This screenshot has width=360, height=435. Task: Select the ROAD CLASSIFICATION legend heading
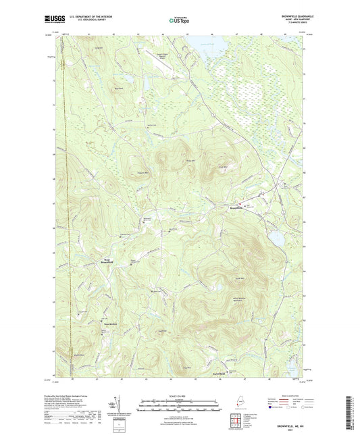(290, 396)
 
